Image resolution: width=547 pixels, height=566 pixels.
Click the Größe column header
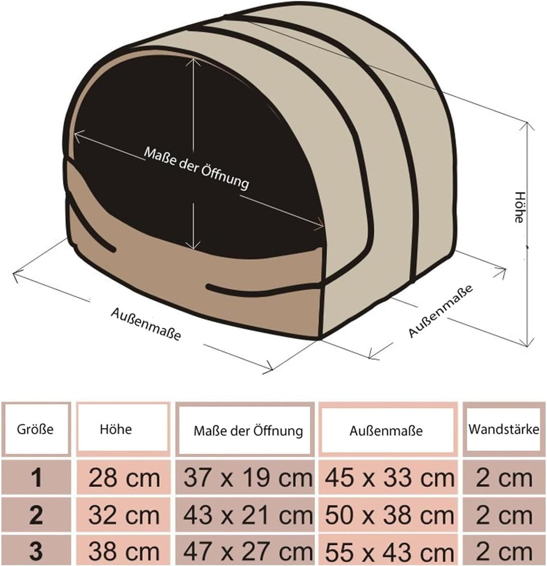click(x=35, y=429)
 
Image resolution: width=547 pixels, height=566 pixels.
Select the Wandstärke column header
click(x=503, y=429)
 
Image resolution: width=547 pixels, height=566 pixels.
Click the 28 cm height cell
click(x=124, y=478)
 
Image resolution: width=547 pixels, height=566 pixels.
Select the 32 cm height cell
click(x=124, y=515)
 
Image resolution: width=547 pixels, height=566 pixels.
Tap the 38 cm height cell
click(x=124, y=551)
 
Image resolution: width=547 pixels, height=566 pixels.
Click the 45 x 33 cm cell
click(x=388, y=478)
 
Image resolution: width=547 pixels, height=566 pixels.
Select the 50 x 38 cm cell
click(x=388, y=515)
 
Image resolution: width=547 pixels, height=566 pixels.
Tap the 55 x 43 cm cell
click(x=388, y=551)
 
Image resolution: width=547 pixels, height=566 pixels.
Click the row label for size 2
click(x=36, y=515)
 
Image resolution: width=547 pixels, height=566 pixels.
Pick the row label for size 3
click(x=36, y=551)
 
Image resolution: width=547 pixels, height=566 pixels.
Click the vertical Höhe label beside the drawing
click(x=519, y=207)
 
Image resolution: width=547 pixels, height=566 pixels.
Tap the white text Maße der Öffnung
click(x=197, y=167)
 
